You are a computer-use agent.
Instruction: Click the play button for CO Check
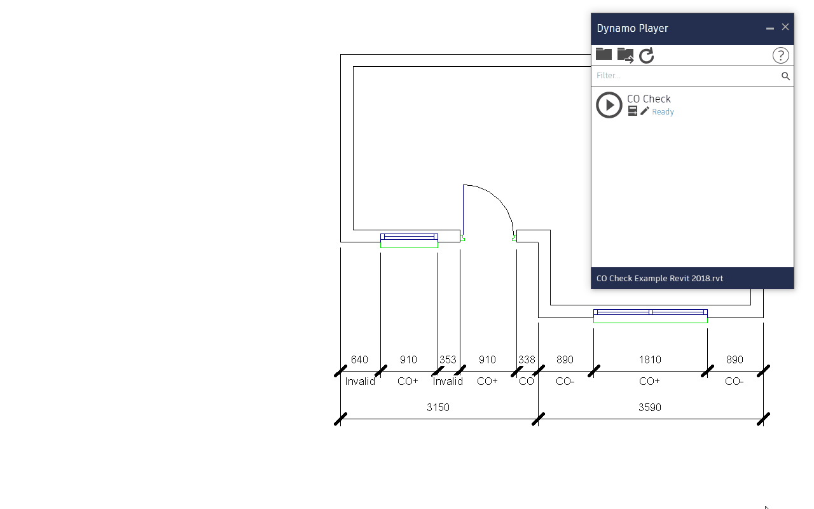(609, 105)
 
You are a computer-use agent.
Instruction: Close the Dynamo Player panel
(785, 27)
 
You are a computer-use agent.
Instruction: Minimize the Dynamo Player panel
(770, 29)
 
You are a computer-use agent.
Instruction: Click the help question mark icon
(781, 55)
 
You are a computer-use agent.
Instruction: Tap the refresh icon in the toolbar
(647, 55)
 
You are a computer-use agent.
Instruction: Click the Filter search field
(686, 76)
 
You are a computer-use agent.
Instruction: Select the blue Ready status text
(663, 112)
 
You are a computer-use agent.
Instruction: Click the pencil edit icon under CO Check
(645, 111)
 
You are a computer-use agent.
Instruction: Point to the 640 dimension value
(359, 359)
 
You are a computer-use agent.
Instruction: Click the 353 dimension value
(448, 359)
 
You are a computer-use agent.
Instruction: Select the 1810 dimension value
(650, 359)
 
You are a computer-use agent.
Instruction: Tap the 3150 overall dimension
(438, 407)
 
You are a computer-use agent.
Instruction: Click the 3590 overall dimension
(650, 407)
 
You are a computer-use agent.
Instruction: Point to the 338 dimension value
(527, 359)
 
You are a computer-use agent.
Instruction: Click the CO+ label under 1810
(649, 381)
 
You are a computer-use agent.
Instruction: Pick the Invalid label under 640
(360, 381)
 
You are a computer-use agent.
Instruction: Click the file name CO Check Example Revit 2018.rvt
(659, 278)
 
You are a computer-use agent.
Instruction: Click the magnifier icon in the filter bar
(786, 76)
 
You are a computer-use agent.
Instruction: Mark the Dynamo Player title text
(632, 28)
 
